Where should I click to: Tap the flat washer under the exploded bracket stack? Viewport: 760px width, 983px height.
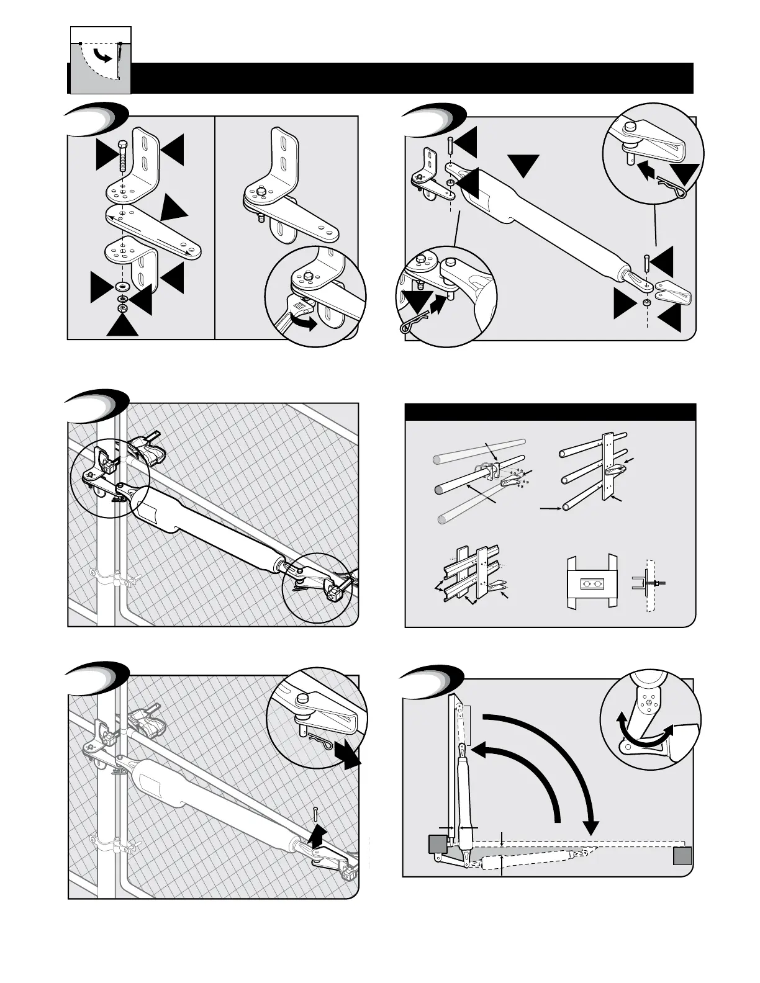coord(122,286)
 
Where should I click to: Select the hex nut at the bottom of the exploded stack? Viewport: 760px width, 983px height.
coord(122,308)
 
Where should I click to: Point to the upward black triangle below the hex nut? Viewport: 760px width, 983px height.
coord(122,325)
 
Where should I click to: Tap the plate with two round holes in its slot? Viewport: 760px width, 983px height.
coord(590,584)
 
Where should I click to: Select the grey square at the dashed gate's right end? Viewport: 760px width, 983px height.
coord(682,856)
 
